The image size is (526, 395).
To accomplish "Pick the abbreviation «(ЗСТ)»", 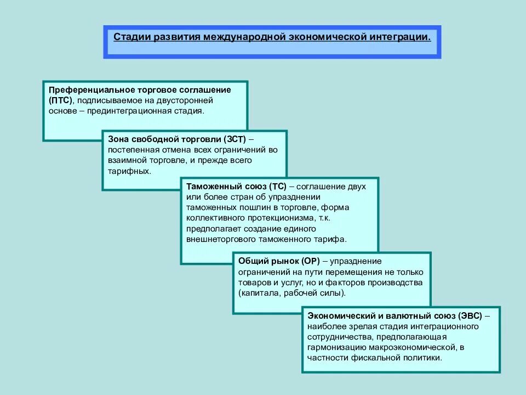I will (x=236, y=138).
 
